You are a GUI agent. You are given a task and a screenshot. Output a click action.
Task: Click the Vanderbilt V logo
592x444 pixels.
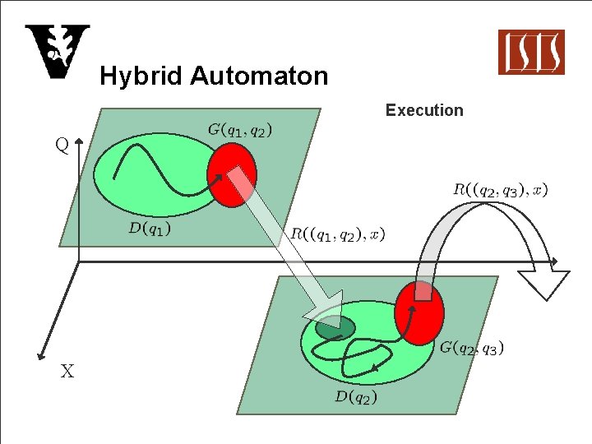pyautogui.click(x=56, y=52)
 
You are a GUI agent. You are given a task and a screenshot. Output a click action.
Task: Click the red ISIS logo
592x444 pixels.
pyautogui.click(x=531, y=52)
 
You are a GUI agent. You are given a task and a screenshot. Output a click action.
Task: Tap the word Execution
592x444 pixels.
pyautogui.click(x=424, y=110)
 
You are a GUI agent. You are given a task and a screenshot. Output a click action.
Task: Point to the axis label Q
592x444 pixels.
pyautogui.click(x=62, y=146)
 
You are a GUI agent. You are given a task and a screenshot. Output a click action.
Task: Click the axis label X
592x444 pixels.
pyautogui.click(x=67, y=372)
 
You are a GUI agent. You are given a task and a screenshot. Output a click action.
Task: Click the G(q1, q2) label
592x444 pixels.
pyautogui.click(x=240, y=129)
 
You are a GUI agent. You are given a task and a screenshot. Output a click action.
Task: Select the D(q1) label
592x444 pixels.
pyautogui.click(x=150, y=228)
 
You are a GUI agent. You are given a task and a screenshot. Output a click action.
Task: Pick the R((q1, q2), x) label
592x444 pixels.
pyautogui.click(x=337, y=234)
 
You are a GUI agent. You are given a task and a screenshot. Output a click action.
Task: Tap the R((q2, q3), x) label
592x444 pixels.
pyautogui.click(x=501, y=190)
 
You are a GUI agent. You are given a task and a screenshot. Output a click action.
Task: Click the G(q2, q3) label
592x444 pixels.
pyautogui.click(x=472, y=347)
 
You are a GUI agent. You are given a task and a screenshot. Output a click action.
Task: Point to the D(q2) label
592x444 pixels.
pyautogui.click(x=356, y=397)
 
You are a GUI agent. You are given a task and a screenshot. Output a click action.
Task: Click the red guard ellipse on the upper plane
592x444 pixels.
pyautogui.click(x=231, y=174)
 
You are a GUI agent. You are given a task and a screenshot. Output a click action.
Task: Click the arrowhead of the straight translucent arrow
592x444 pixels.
pyautogui.click(x=326, y=308)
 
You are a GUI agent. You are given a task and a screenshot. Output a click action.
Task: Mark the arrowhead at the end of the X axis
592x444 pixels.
pyautogui.click(x=39, y=357)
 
